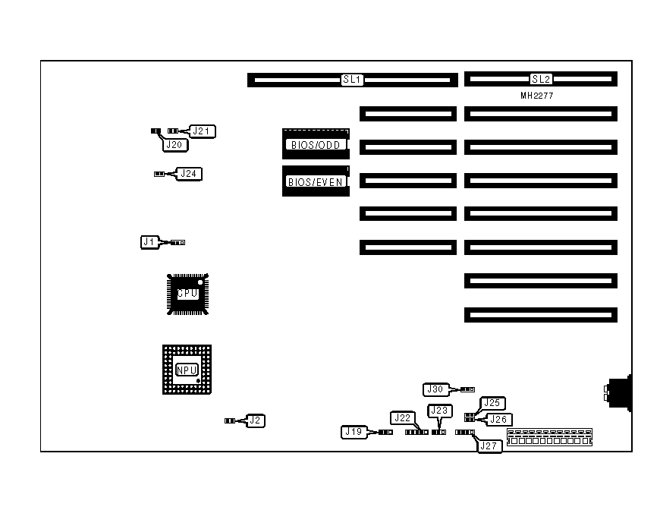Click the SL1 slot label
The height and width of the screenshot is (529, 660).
click(x=353, y=80)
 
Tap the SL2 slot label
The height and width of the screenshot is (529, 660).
click(x=541, y=79)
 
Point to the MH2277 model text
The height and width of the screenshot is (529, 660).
click(x=536, y=96)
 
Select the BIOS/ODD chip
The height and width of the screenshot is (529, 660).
click(x=316, y=143)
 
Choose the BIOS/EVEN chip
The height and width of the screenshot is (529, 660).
click(x=316, y=181)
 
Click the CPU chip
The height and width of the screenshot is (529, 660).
click(x=187, y=294)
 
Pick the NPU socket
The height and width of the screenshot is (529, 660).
click(x=187, y=370)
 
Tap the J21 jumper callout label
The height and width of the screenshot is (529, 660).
click(x=203, y=131)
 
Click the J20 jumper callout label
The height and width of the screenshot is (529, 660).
click(x=174, y=144)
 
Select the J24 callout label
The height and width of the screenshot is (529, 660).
click(x=190, y=174)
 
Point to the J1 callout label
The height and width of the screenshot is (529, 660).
click(x=149, y=242)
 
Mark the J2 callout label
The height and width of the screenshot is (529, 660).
click(x=256, y=420)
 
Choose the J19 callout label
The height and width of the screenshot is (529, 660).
click(x=354, y=433)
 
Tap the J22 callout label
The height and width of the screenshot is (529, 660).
click(x=403, y=417)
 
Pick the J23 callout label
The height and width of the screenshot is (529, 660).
click(x=439, y=411)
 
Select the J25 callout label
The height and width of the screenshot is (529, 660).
click(x=493, y=403)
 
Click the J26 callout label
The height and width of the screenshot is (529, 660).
click(x=499, y=419)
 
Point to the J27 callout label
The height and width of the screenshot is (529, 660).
click(x=489, y=446)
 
